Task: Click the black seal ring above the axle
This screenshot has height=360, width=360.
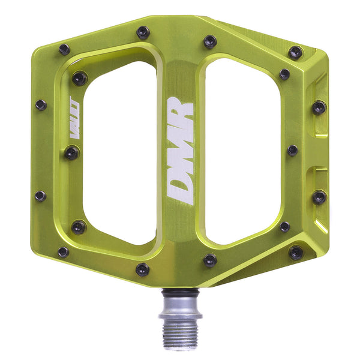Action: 180,292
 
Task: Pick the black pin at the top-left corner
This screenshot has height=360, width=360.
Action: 64,50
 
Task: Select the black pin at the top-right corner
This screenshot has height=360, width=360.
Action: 296,52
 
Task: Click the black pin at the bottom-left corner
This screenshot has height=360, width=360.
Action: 63,252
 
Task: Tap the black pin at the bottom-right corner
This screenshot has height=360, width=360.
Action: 296,253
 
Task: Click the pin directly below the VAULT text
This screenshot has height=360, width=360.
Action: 72,153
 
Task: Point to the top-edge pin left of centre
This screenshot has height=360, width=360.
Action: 143,32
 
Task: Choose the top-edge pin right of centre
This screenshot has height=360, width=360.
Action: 209,41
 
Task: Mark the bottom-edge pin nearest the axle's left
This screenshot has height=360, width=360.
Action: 142,269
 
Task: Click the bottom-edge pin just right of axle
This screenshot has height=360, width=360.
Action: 209,260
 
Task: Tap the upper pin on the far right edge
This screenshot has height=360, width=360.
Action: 319,108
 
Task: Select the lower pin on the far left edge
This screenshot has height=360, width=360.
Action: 40,196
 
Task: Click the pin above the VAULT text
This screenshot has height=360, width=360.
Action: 79,78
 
